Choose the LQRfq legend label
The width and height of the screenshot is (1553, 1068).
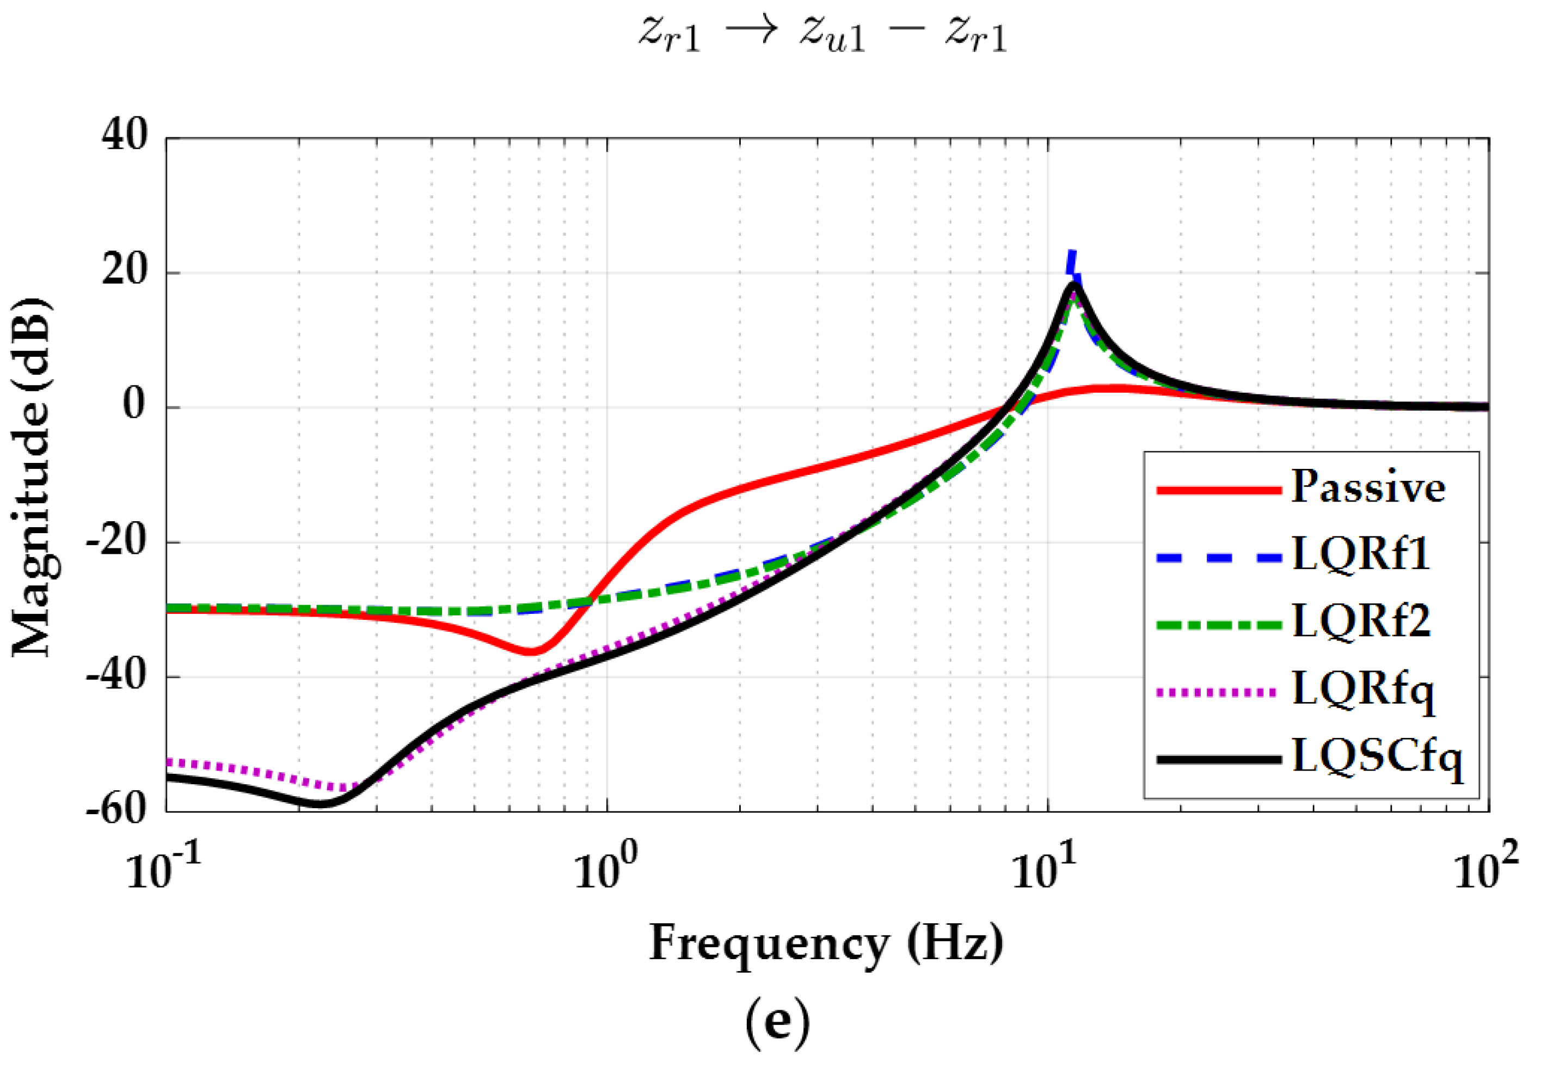click(1363, 689)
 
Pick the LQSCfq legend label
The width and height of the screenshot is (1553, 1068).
click(1377, 758)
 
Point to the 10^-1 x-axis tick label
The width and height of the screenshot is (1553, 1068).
click(164, 870)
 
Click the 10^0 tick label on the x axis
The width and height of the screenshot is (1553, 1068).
click(606, 870)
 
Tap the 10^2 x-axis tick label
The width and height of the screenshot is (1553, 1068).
click(1486, 870)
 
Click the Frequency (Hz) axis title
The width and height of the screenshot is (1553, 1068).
click(826, 943)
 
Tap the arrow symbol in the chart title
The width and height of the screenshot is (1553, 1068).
click(750, 33)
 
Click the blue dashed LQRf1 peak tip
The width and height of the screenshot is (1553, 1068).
click(1071, 253)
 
